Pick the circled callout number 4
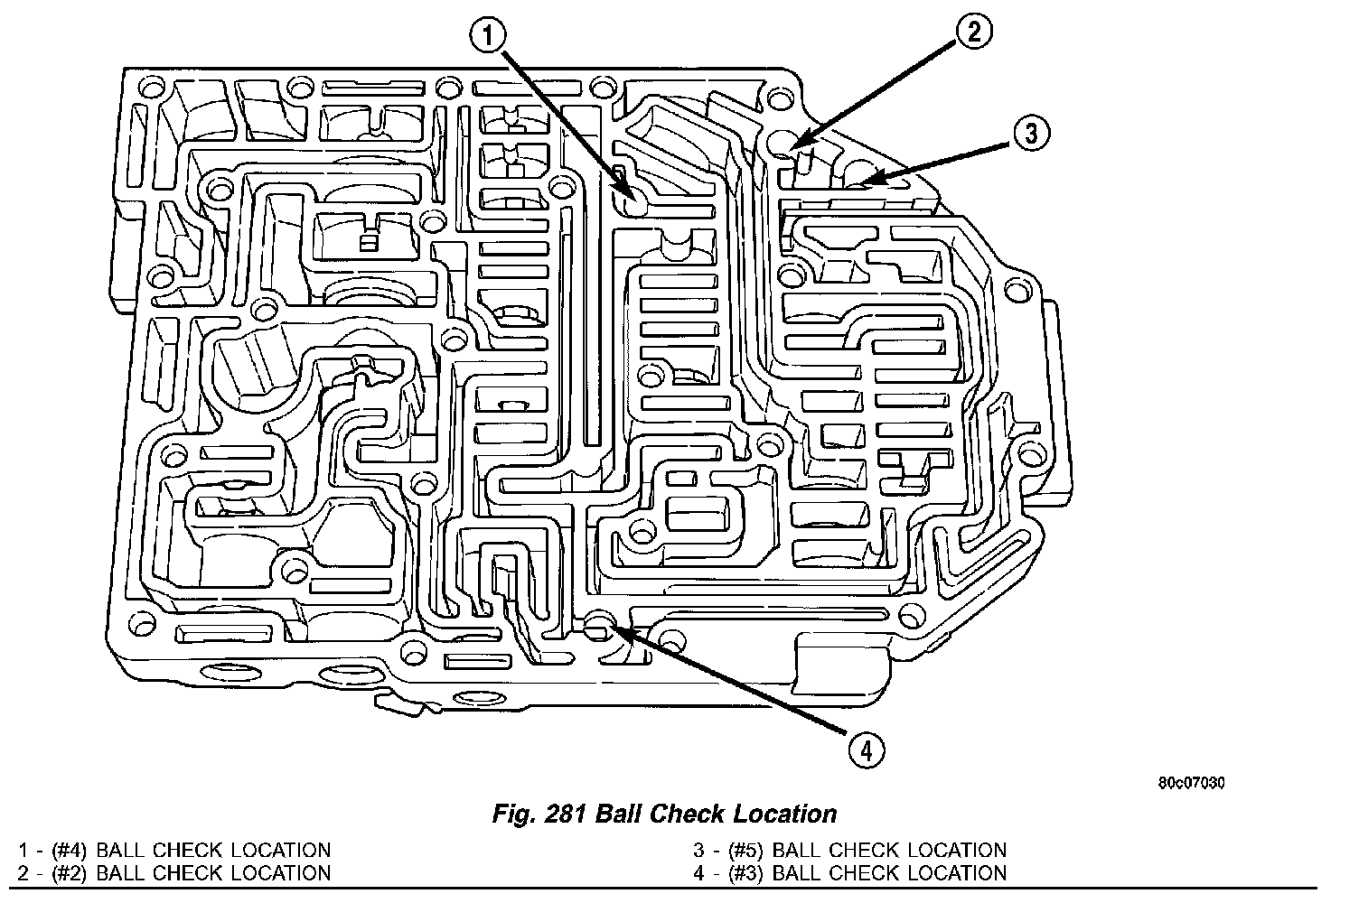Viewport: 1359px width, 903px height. click(x=865, y=749)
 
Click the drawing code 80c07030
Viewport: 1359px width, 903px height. click(x=1191, y=783)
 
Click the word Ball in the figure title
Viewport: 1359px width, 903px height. click(x=622, y=814)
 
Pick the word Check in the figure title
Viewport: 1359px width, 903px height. click(x=691, y=814)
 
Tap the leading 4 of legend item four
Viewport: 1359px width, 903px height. click(x=698, y=872)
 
